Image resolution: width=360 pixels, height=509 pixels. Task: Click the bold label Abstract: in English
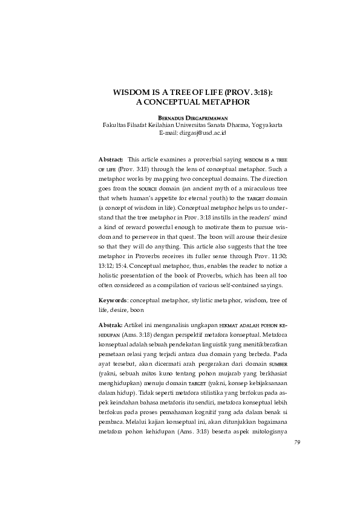click(x=111, y=158)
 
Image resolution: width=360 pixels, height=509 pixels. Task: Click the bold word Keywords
click(x=113, y=300)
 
